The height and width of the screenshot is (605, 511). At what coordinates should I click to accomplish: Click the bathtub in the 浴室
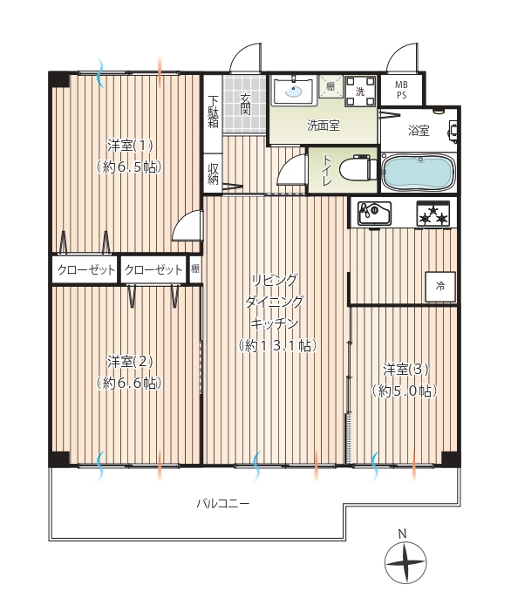[418, 173]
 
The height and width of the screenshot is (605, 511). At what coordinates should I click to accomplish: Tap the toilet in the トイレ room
[358, 168]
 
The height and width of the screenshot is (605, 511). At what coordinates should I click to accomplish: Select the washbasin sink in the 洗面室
[294, 91]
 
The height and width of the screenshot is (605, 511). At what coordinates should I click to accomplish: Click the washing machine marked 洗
[360, 91]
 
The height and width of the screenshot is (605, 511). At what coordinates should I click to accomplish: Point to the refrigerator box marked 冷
[440, 287]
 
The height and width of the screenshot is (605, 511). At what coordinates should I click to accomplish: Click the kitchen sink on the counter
[374, 213]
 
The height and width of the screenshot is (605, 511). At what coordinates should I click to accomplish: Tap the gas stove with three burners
[433, 214]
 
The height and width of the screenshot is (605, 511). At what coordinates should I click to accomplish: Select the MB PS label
[401, 90]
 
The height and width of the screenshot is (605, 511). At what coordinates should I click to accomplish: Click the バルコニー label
[223, 504]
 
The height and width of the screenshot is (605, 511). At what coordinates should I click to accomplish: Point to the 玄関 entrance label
[245, 105]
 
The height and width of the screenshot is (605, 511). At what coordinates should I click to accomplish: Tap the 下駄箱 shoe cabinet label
[213, 112]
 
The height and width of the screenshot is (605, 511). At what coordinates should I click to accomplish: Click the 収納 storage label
[213, 174]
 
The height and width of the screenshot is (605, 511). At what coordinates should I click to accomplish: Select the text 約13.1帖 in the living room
[277, 346]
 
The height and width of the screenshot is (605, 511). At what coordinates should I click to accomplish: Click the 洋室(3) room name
[405, 370]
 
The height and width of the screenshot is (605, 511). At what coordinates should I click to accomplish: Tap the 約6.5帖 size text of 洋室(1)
[129, 167]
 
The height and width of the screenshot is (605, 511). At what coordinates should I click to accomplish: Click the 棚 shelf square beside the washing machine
[330, 86]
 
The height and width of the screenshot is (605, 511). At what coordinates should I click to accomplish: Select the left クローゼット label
[86, 269]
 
